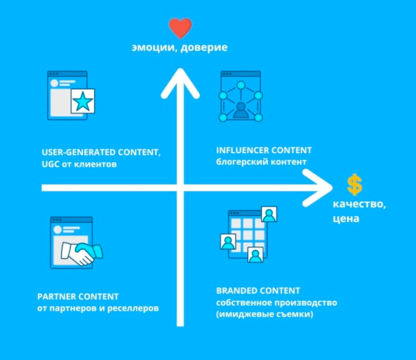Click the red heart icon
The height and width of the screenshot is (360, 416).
(180, 27)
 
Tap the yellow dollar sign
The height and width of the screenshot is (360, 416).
(355, 185)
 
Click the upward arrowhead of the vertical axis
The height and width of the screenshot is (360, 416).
(181, 83)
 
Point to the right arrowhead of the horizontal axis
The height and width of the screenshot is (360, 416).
(318, 188)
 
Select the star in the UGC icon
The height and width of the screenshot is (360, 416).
(83, 101)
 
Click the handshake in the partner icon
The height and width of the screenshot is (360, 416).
(82, 253)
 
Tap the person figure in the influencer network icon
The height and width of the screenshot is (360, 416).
(241, 110)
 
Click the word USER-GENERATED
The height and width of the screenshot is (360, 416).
(79, 153)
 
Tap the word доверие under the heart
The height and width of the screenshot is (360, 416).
(204, 48)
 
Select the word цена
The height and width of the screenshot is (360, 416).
(346, 219)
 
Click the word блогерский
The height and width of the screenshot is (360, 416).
(240, 162)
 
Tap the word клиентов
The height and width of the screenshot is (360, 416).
(95, 164)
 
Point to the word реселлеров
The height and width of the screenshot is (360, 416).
(133, 309)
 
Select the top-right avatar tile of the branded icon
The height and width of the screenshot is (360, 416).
(269, 214)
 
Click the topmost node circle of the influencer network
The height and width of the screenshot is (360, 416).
(241, 85)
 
